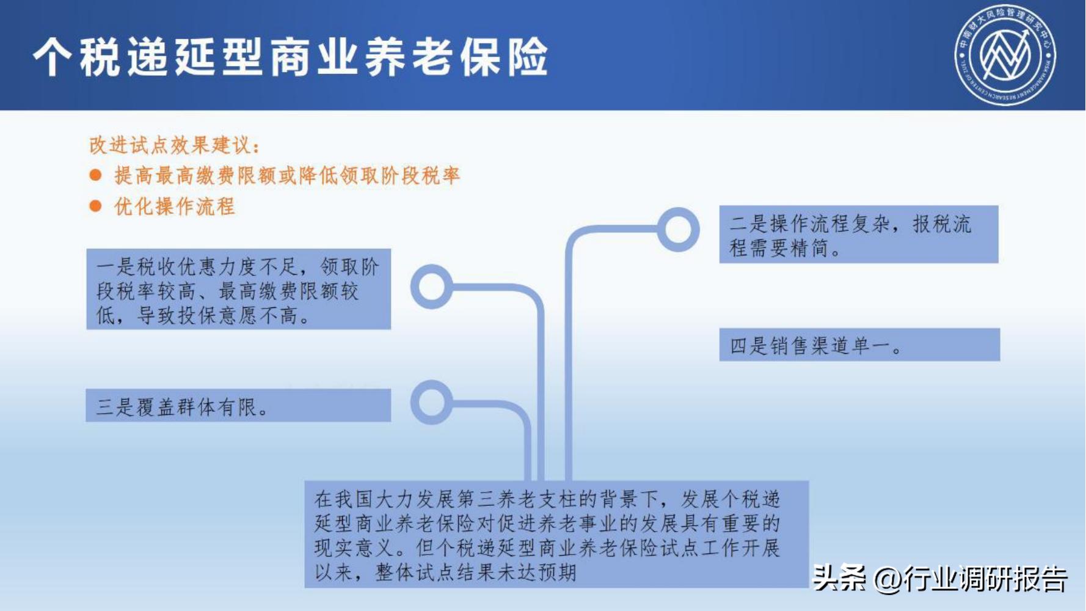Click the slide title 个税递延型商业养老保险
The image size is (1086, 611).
pos(291,56)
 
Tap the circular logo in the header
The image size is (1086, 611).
pos(1005,55)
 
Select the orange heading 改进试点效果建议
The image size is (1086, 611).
pos(175,145)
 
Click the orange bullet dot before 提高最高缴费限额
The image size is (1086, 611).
pos(95,175)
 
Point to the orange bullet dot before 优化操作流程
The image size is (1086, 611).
pos(95,206)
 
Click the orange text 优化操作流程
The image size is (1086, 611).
pos(175,207)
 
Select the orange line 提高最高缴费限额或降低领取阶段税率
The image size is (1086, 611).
pos(287,176)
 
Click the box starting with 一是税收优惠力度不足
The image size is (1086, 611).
pos(238,289)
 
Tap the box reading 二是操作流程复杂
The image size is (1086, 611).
pos(858,235)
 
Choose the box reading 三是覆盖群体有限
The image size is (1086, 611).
pos(238,406)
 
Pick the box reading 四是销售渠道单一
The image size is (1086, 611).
pos(859,345)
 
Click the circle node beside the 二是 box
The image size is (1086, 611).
pos(678,230)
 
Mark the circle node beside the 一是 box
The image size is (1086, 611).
pos(431,286)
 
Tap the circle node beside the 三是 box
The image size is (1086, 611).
pos(431,402)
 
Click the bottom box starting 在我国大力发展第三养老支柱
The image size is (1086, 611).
pos(556,534)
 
